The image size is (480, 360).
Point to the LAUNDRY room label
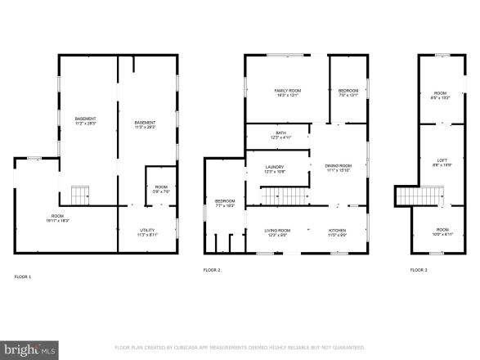275,169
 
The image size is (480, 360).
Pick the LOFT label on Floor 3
442,160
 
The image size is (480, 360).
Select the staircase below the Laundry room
282,196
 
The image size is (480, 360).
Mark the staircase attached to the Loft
406,196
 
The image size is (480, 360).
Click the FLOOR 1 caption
23,277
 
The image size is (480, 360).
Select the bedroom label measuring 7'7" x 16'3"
225,203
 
